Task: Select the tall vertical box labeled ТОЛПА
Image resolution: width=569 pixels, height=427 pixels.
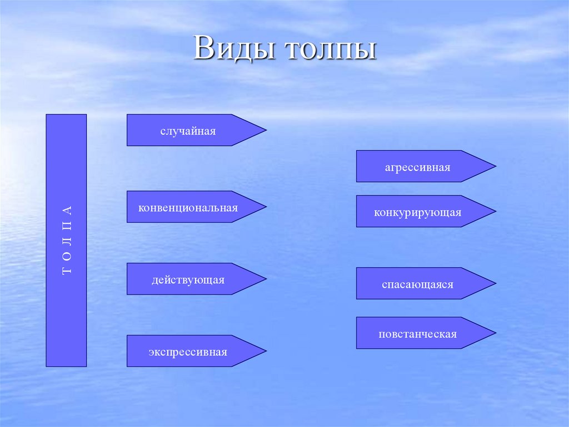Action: coord(66,240)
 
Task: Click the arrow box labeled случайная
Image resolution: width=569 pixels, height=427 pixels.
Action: coord(188,130)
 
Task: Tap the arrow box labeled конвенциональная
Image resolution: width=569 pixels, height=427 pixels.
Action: coord(188,207)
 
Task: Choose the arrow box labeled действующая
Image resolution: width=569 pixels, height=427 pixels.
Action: coord(188,279)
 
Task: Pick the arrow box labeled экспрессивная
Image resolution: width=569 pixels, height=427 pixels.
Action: coord(188,351)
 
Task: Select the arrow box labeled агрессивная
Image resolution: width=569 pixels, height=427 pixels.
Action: coord(417,166)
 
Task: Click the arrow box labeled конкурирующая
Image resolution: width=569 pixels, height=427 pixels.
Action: coord(417,212)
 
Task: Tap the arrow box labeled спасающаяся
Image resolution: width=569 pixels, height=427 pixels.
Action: coord(417,284)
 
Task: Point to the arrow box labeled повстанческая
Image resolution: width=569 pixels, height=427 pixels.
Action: coord(417,333)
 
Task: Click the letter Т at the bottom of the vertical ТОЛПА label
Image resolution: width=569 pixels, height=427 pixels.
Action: coord(67,272)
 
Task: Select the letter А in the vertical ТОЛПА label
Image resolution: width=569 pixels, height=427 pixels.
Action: coord(67,210)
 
